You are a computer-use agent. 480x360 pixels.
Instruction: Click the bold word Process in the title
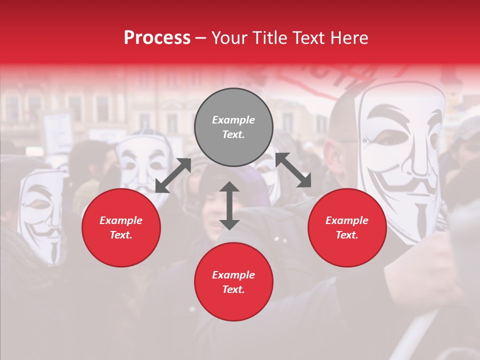[157, 38]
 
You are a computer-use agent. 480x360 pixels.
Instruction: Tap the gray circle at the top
[233, 127]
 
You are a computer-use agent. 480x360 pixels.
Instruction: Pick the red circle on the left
[121, 227]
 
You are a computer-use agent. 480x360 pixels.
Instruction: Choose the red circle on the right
[347, 227]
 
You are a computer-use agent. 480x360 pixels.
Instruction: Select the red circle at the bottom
[233, 282]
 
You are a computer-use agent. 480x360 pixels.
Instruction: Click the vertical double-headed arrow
[229, 205]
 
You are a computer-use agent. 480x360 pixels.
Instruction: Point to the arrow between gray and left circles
[173, 175]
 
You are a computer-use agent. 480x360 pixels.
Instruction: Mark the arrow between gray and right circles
[293, 170]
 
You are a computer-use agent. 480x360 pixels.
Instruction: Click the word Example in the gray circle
[233, 120]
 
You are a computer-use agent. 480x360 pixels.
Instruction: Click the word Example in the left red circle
[121, 220]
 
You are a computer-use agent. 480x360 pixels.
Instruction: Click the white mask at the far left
[42, 215]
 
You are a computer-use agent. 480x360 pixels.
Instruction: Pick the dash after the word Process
[201, 38]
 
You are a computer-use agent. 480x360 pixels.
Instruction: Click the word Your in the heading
[227, 38]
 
